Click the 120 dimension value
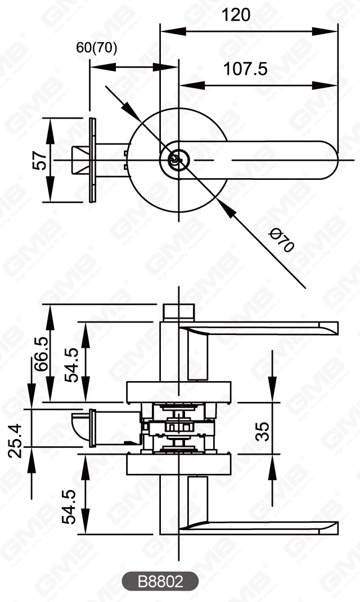[236, 15]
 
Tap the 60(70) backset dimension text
[97, 48]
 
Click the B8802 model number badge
[160, 582]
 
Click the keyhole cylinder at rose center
[175, 161]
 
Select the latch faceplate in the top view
[93, 161]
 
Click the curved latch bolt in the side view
[79, 426]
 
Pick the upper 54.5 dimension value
[72, 364]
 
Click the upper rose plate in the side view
[178, 391]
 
